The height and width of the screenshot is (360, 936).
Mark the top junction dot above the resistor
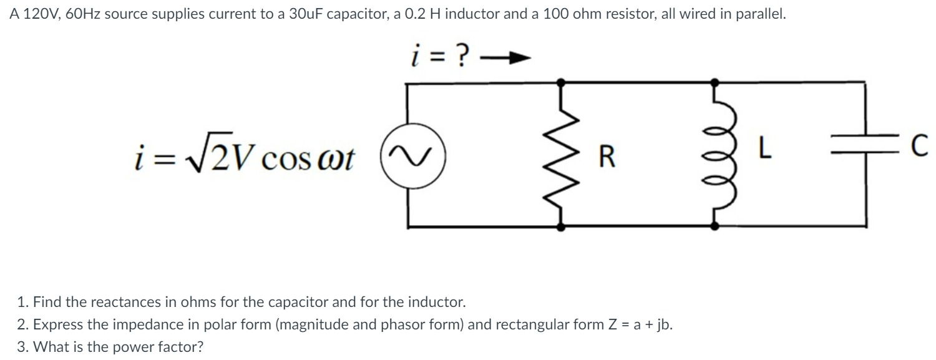[x=562, y=81]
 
